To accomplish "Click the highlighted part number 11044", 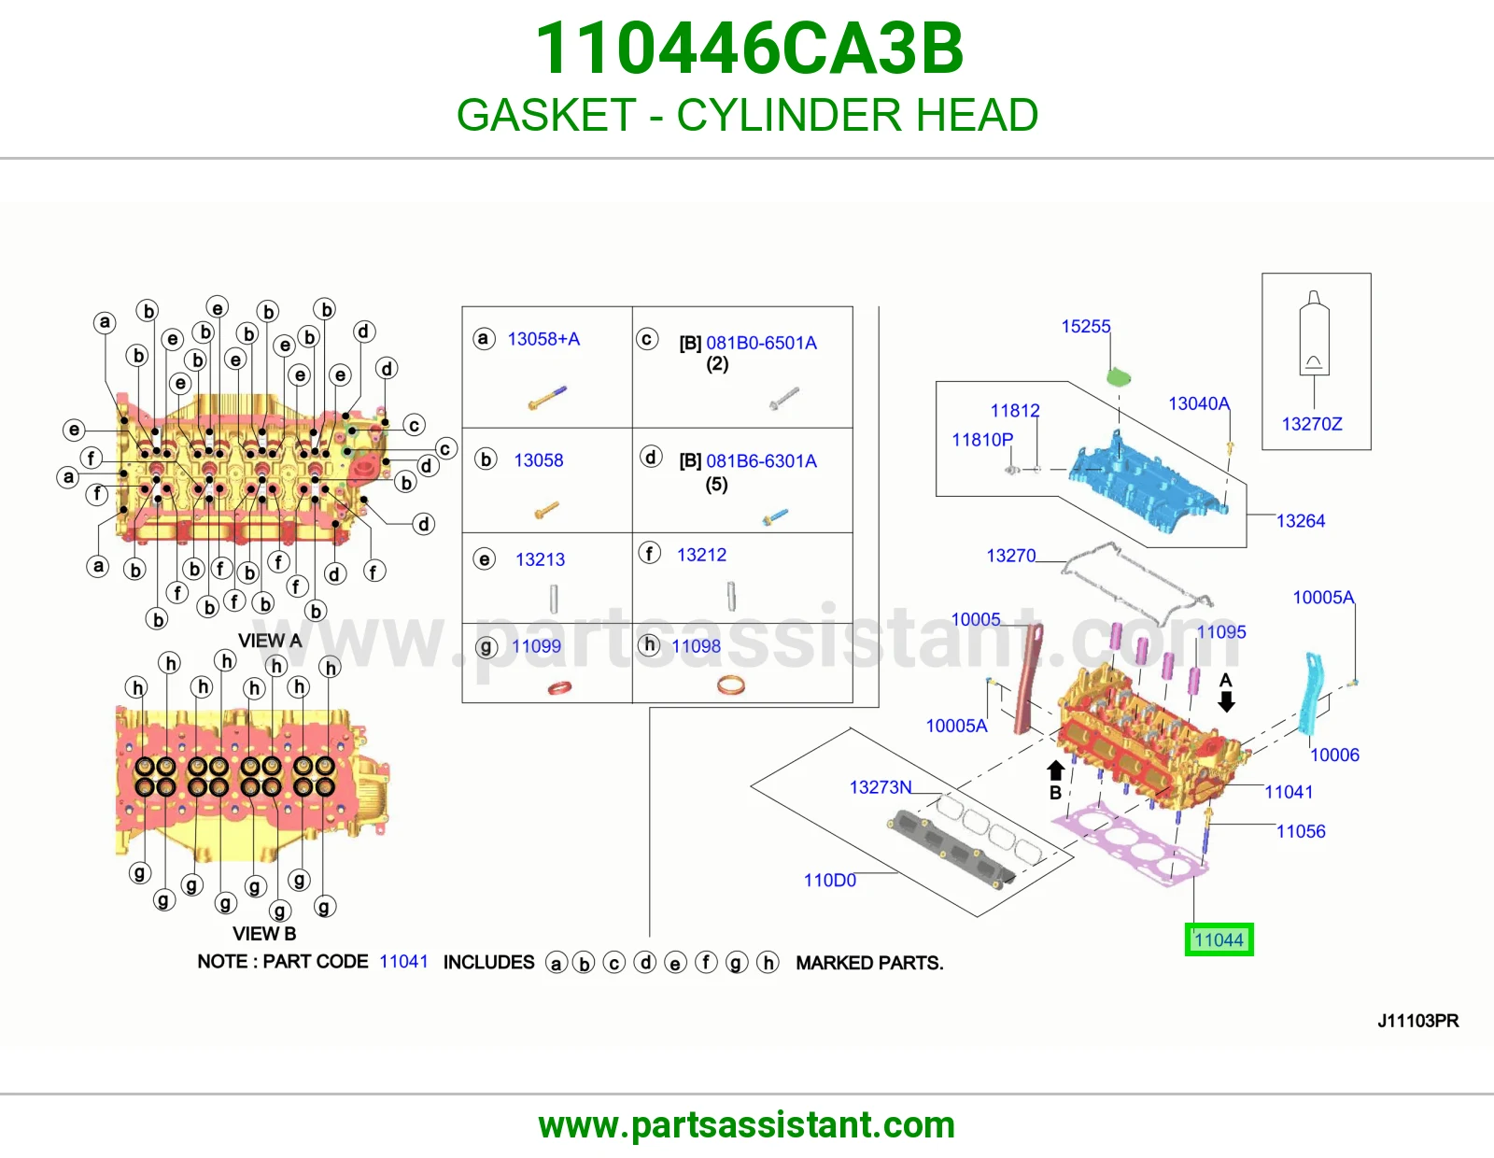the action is tap(1219, 939).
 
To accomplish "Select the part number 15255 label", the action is tap(1086, 326).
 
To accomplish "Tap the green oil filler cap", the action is tap(1118, 377).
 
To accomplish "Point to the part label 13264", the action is tap(1300, 520).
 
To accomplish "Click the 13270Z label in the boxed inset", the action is tap(1311, 424).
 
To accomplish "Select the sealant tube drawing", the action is tap(1314, 332).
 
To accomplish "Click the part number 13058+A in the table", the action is tap(543, 339).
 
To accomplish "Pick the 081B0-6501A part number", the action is tap(761, 343).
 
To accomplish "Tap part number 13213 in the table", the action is tap(540, 559).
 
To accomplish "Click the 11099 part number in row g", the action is tap(536, 645).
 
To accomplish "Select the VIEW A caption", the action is tap(270, 641).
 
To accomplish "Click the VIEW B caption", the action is tap(264, 933).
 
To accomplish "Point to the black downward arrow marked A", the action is tap(1226, 700).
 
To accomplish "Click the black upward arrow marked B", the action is tap(1055, 770).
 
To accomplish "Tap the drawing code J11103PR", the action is tap(1417, 1021).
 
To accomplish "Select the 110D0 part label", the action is tap(830, 880).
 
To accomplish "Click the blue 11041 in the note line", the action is tap(403, 961).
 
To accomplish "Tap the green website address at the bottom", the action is tap(747, 1125).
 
